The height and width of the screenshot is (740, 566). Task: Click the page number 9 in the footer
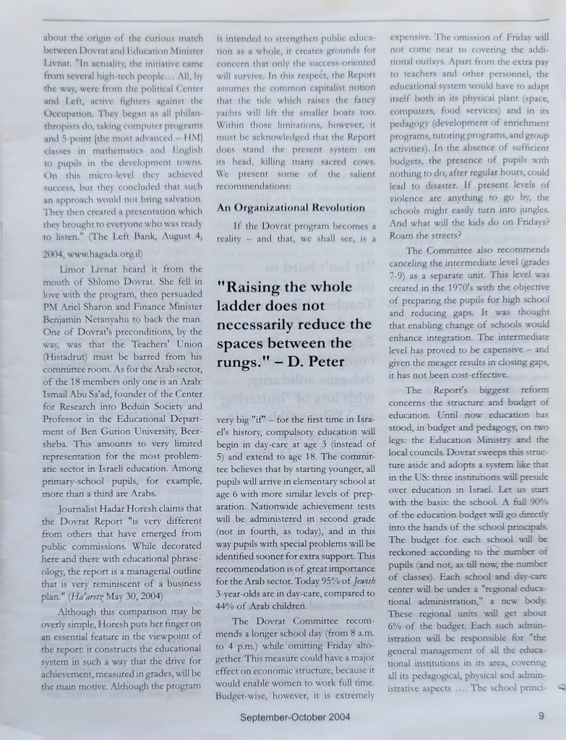[x=541, y=717]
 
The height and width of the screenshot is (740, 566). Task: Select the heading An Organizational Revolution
[x=291, y=207]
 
